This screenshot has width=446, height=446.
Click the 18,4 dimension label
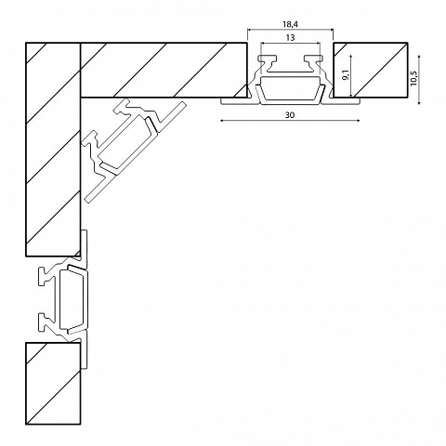(290, 23)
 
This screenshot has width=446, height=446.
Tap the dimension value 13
(290, 38)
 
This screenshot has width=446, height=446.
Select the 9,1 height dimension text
(346, 75)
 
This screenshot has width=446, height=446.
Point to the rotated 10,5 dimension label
(414, 79)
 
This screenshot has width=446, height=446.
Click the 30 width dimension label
(290, 115)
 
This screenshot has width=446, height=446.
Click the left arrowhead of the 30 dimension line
(222, 120)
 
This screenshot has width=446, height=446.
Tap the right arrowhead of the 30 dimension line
(358, 120)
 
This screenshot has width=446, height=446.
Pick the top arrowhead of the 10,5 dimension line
(419, 57)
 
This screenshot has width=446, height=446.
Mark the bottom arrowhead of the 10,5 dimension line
(419, 102)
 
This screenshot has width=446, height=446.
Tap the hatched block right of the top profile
(370, 70)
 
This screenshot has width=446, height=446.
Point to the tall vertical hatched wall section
(53, 150)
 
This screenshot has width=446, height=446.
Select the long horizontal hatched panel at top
(164, 70)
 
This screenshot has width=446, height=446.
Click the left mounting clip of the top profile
(269, 62)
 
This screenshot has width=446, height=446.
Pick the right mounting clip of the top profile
(313, 62)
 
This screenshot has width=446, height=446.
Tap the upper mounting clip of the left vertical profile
(46, 275)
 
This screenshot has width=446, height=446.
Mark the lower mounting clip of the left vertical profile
(46, 322)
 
